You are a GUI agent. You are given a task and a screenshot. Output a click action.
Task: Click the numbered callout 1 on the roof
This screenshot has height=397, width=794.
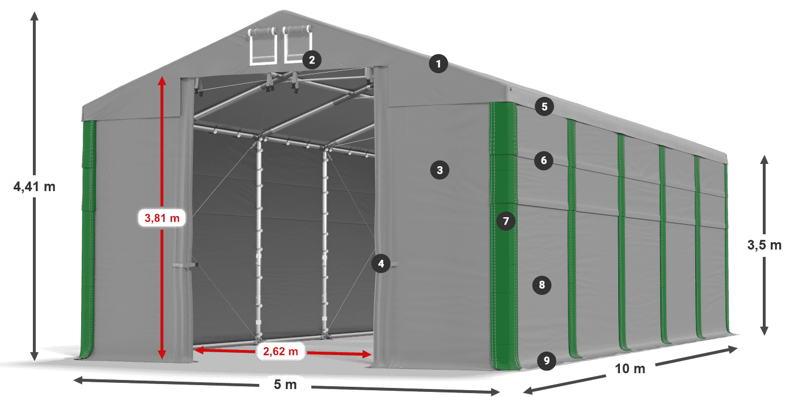coord(438,64)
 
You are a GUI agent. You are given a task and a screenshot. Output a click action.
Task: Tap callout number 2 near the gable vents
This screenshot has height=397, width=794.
coord(312,60)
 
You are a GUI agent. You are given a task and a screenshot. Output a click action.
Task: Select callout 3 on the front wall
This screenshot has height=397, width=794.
coord(440,170)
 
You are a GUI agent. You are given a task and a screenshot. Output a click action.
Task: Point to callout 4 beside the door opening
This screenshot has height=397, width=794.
coord(381,264)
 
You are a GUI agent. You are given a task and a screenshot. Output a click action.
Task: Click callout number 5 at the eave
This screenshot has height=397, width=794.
coord(544,107)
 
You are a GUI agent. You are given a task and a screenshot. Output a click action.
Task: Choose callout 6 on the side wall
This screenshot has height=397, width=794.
coord(544,161)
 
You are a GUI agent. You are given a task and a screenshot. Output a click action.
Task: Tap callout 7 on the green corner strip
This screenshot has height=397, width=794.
coord(506,221)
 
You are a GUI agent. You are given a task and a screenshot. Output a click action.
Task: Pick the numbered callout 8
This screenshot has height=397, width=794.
coord(542,285)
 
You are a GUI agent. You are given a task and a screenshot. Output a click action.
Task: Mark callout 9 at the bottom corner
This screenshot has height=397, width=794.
coord(547,361)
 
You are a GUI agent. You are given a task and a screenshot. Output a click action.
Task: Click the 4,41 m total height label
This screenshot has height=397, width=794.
coord(35,187)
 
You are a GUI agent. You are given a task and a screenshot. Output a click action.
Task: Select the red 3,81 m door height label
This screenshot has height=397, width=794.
coord(162,218)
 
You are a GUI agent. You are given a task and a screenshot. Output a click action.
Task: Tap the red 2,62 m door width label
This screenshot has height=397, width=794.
coord(280,351)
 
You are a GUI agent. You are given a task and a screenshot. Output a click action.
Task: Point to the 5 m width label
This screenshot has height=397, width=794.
coord(285,385)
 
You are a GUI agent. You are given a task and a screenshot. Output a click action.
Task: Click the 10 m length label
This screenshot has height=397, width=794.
coord(630,369)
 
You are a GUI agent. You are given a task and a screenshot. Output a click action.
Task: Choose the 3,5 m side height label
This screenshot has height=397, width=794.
coord(765,245)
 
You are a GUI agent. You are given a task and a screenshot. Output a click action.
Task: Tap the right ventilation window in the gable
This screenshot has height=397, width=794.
coord(297,44)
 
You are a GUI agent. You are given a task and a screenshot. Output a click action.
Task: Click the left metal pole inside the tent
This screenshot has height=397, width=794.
coord(259,238)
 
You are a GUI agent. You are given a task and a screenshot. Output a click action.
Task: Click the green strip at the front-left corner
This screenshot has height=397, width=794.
coord(88,239)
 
